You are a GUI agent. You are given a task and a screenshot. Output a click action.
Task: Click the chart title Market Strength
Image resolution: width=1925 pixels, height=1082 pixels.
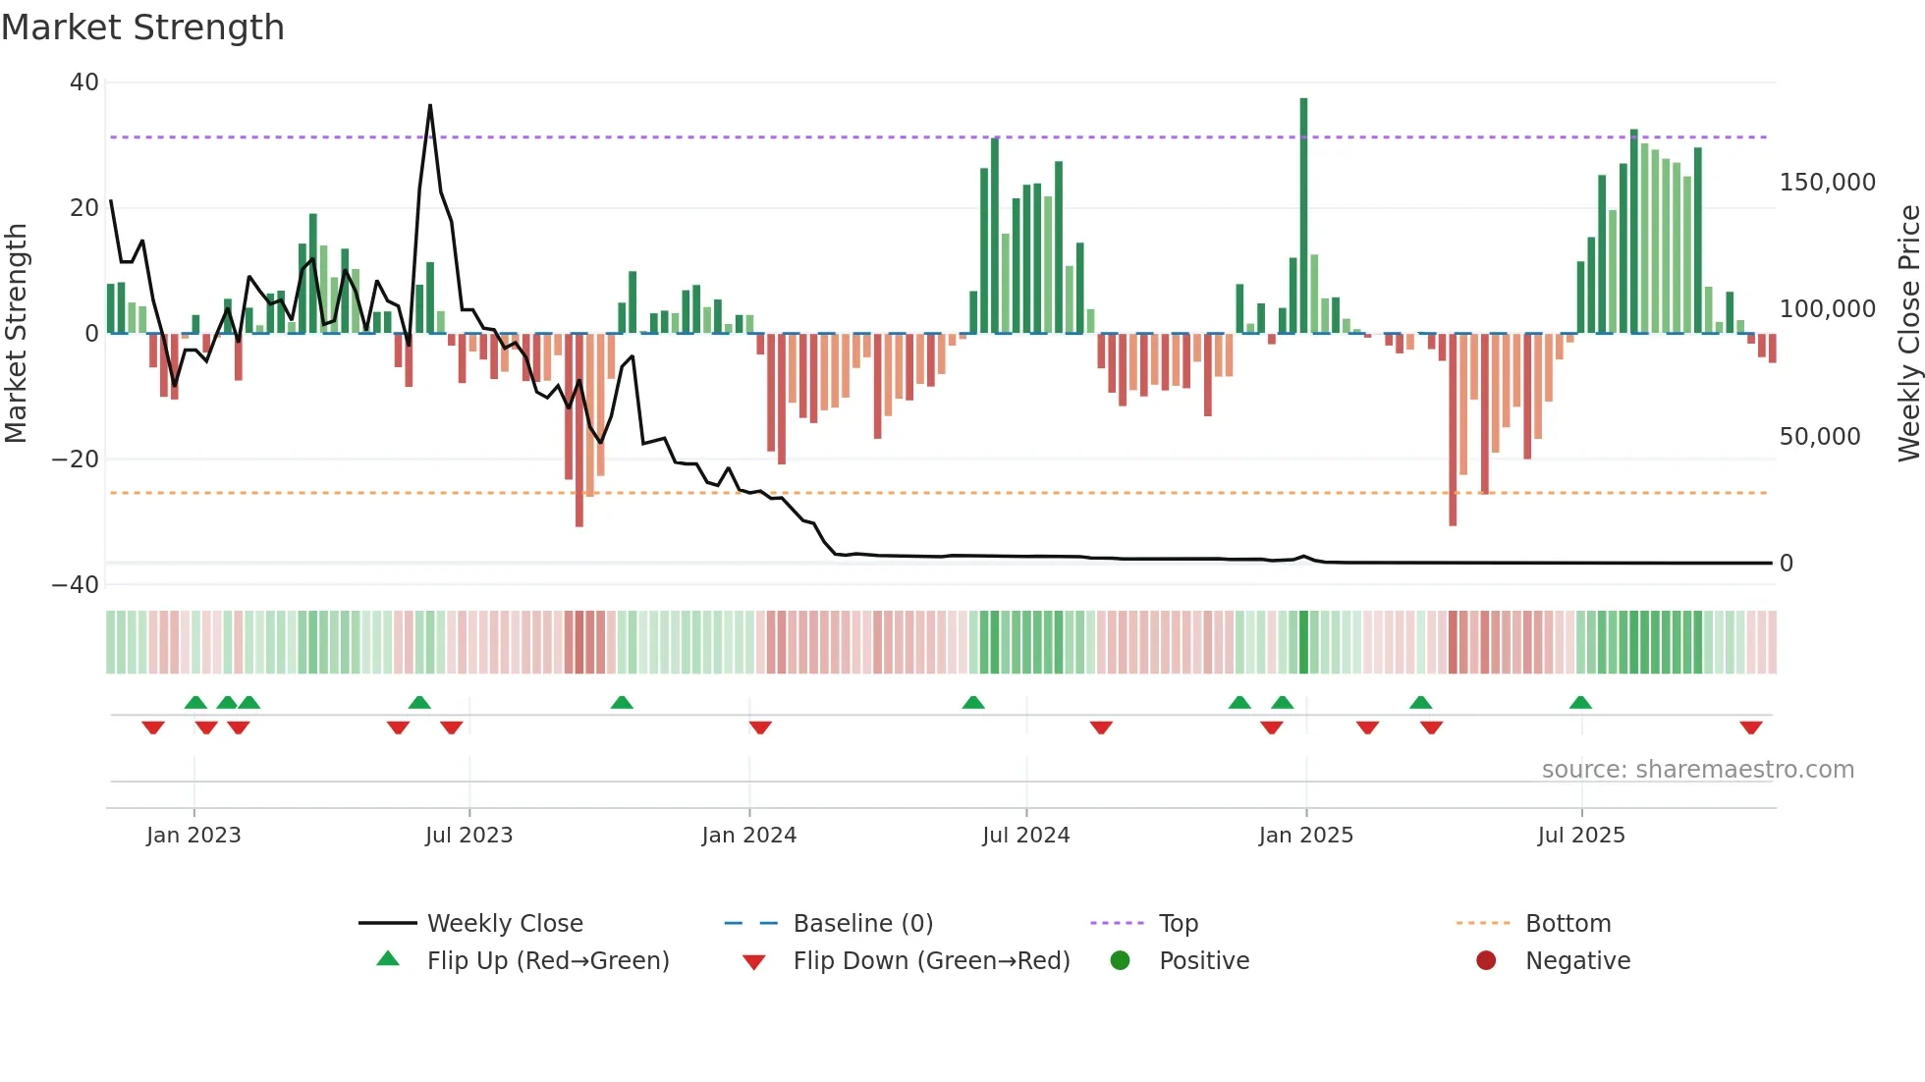pyautogui.click(x=142, y=27)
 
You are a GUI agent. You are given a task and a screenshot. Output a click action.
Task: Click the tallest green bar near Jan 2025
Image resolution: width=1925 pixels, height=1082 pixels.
pyautogui.click(x=1303, y=216)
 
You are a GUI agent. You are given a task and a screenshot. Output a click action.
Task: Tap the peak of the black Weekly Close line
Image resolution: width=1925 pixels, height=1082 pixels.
pyautogui.click(x=430, y=106)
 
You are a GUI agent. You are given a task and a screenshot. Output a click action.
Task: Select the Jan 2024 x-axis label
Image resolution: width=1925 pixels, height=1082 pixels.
pyautogui.click(x=748, y=836)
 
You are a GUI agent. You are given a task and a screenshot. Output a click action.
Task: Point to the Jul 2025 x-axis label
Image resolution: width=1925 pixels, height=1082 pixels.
pyautogui.click(x=1581, y=836)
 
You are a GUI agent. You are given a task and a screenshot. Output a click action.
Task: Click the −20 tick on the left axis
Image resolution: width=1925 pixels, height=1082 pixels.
pyautogui.click(x=77, y=460)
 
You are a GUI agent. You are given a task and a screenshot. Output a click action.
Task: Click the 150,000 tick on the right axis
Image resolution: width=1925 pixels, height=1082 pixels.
pyautogui.click(x=1827, y=183)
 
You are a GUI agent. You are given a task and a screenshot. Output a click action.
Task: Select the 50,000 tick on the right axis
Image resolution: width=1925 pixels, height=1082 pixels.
pyautogui.click(x=1819, y=437)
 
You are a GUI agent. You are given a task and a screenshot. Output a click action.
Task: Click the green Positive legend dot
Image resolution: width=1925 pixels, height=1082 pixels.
pyautogui.click(x=1120, y=960)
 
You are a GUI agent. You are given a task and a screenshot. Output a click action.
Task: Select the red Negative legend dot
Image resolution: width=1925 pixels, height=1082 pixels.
pyautogui.click(x=1486, y=960)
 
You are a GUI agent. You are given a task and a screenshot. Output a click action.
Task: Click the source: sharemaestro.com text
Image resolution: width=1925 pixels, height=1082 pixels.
pyautogui.click(x=1697, y=770)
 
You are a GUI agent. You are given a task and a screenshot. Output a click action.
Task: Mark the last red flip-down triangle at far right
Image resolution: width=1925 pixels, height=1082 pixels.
pyautogui.click(x=1750, y=728)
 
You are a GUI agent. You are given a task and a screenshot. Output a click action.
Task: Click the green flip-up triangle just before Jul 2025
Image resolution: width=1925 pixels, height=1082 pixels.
pyautogui.click(x=1580, y=702)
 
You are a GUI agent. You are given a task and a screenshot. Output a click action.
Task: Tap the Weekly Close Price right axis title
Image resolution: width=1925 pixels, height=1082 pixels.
pyautogui.click(x=1908, y=334)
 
